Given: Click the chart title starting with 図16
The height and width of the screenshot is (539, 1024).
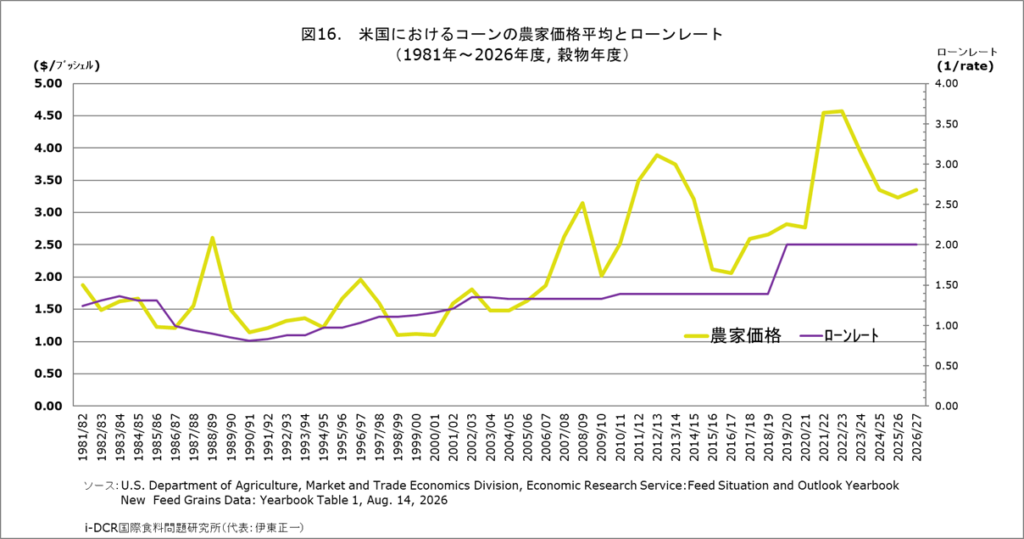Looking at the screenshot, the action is click(x=512, y=34).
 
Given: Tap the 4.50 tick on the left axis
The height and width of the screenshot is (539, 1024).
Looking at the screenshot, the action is click(x=48, y=115).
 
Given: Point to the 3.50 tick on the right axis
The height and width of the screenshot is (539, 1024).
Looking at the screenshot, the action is click(x=946, y=124).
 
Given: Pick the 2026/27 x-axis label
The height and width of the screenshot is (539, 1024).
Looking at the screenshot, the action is click(x=916, y=437).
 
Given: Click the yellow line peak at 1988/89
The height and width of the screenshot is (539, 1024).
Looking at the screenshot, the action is click(x=212, y=238).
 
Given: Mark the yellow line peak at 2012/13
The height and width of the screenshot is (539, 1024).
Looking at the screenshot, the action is click(x=657, y=155).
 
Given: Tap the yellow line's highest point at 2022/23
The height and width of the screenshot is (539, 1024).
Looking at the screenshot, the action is click(x=842, y=111).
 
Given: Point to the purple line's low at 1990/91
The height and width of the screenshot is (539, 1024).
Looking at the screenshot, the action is click(x=249, y=340).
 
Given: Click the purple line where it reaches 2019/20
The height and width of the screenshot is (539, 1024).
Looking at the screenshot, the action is click(x=787, y=244).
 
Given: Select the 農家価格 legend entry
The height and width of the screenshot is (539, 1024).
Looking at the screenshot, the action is click(x=732, y=335).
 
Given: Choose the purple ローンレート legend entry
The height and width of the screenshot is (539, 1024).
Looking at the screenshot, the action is click(x=839, y=335).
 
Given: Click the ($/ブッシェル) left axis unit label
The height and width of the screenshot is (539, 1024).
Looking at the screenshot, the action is click(x=67, y=65).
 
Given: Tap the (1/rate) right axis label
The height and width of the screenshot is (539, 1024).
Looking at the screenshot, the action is click(x=965, y=66).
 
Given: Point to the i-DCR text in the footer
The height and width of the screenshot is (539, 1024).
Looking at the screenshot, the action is click(x=101, y=528).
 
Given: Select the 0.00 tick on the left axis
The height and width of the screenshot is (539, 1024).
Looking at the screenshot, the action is click(x=48, y=406).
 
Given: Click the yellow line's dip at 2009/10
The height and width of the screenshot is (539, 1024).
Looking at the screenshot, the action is click(x=602, y=275).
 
